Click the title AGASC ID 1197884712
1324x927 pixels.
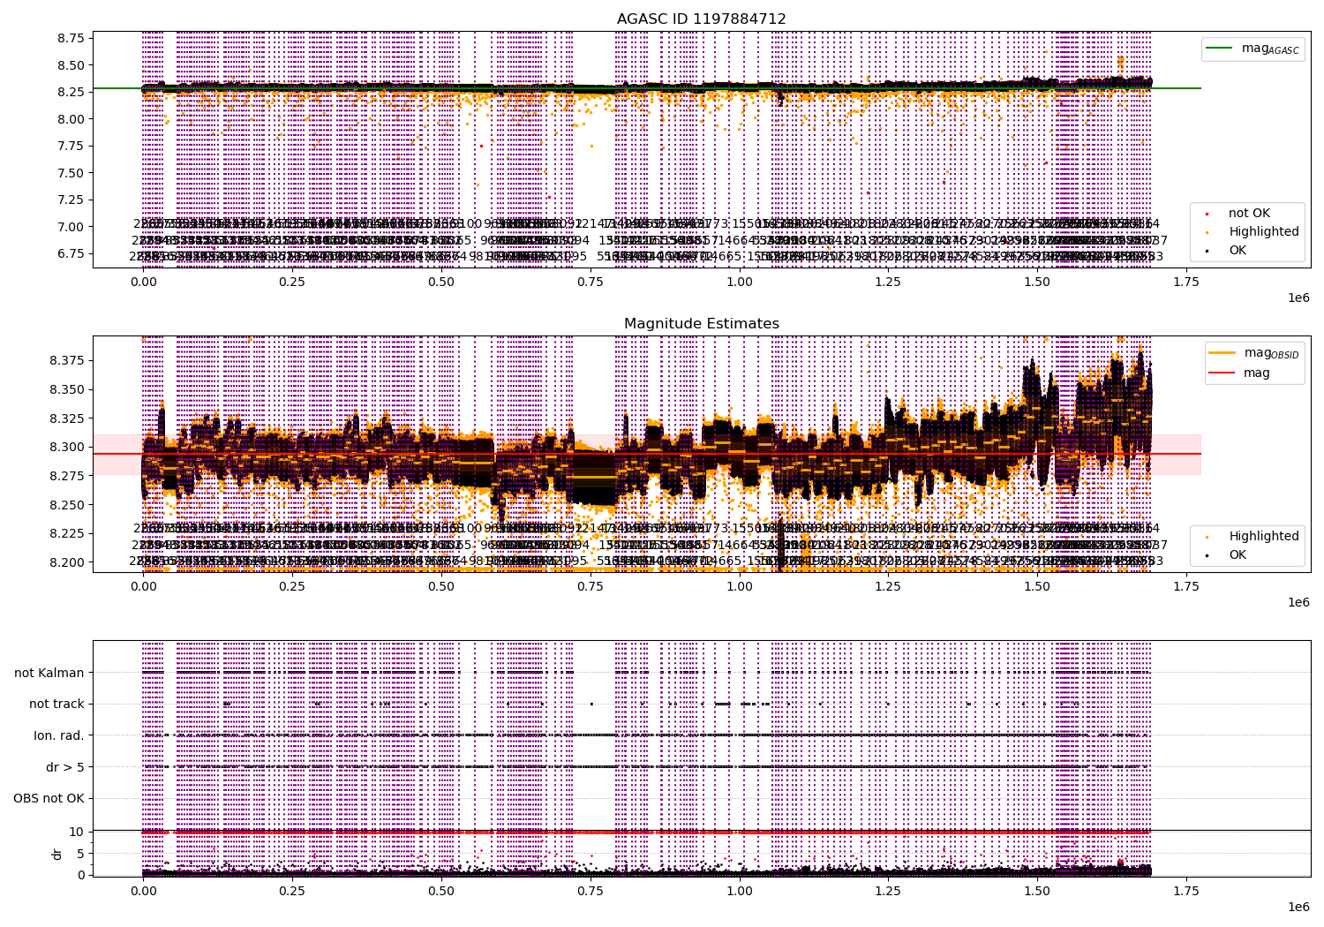[x=701, y=19]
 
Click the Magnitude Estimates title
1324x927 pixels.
[x=701, y=324]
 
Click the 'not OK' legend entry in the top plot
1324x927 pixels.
[x=1249, y=213]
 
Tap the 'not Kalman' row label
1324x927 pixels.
[x=49, y=673]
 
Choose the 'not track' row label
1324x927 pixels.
[x=56, y=704]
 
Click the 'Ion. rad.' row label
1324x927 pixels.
[x=59, y=735]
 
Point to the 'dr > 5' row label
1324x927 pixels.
[x=65, y=767]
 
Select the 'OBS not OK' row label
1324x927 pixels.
[x=49, y=798]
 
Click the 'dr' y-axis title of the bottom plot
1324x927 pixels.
[x=57, y=854]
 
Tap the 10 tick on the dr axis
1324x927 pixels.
[x=76, y=831]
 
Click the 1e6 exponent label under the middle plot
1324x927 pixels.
[x=1298, y=602]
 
